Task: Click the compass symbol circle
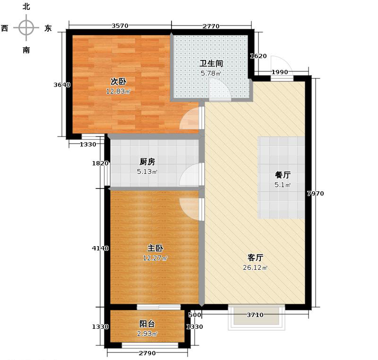point(26,28)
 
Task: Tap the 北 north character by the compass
point(26,7)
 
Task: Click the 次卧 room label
point(118,81)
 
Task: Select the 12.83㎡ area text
point(118,91)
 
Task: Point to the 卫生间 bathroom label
point(211,63)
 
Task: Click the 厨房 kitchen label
point(147,162)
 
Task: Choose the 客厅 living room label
point(255,257)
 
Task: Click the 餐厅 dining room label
point(283,174)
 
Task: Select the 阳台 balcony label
point(147,324)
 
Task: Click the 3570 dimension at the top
point(120,26)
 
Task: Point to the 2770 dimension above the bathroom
point(211,26)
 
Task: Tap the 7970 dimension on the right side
point(315,193)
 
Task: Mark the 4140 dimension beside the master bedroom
point(101,248)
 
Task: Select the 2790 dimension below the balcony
point(147,353)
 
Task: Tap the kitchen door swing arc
point(190,175)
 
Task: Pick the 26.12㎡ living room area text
point(255,268)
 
